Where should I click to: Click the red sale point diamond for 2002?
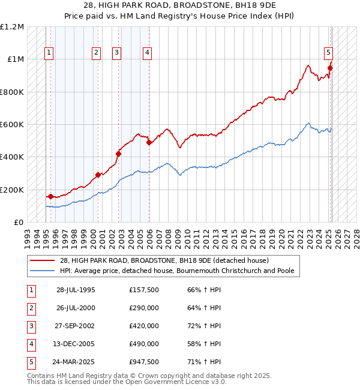coord(119,154)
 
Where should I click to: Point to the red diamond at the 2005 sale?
coord(149,143)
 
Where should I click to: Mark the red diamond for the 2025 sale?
coord(330,68)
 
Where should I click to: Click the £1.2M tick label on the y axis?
coord(12,27)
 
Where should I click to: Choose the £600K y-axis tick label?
coord(12,124)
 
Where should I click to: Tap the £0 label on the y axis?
coord(18,222)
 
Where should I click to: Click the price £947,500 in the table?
coord(143,362)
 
